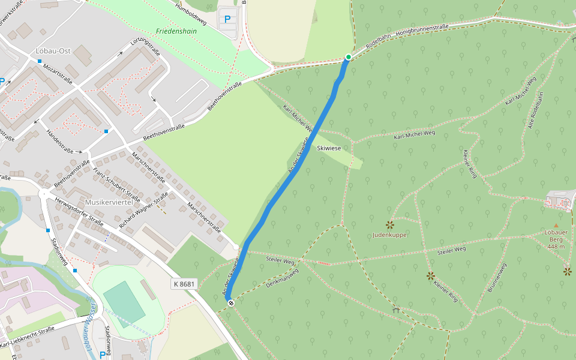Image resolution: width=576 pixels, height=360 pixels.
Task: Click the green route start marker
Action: pyautogui.click(x=348, y=57)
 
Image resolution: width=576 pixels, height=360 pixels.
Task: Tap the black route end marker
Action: pyautogui.click(x=230, y=303)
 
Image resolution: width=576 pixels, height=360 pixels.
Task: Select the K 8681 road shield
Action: pyautogui.click(x=184, y=284)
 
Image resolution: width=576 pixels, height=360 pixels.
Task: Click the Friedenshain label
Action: pyautogui.click(x=176, y=31)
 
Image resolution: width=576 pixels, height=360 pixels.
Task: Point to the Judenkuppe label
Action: pyautogui.click(x=389, y=235)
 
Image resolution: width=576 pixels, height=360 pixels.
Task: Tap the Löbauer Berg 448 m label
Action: pyautogui.click(x=556, y=239)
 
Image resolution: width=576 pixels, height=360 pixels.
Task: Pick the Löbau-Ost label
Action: pyautogui.click(x=53, y=51)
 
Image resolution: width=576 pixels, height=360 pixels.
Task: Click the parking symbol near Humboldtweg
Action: pyautogui.click(x=227, y=19)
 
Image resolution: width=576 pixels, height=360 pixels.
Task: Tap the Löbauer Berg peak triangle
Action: pyautogui.click(x=556, y=226)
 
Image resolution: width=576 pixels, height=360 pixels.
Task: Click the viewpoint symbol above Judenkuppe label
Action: pyautogui.click(x=389, y=224)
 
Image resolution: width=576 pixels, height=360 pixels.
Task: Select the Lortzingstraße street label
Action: pyautogui.click(x=145, y=49)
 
